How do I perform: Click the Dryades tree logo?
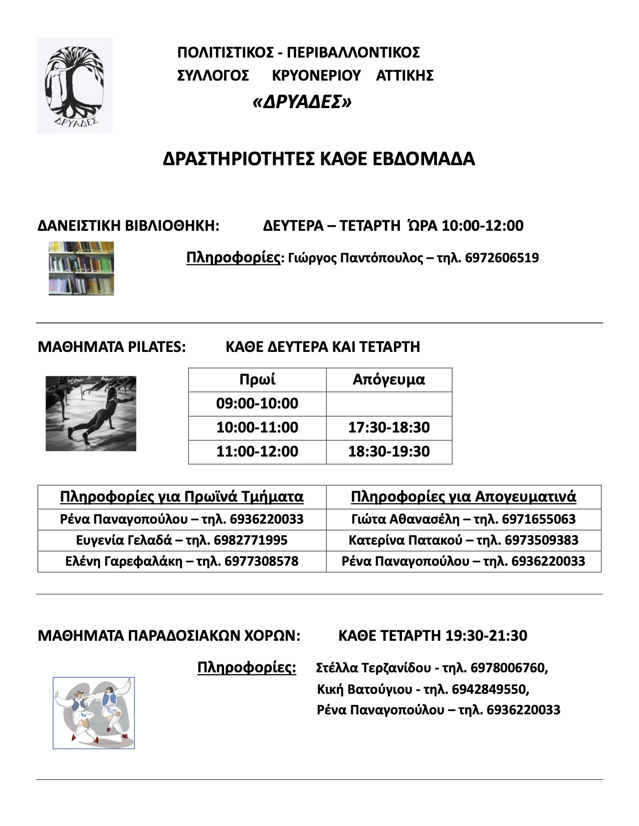tap(75, 85)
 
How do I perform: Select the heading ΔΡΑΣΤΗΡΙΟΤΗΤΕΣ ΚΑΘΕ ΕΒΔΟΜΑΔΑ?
tap(319, 159)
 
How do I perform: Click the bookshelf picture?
tap(81, 268)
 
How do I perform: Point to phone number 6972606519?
tap(502, 258)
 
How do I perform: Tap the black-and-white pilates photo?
tap(91, 414)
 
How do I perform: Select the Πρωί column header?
tap(257, 379)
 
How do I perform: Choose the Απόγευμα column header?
tap(389, 379)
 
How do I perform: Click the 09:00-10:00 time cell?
tap(257, 403)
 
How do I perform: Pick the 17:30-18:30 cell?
tap(389, 428)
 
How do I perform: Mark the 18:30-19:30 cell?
tap(389, 452)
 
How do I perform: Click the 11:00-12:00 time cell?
tap(257, 452)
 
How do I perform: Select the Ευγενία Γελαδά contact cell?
tap(181, 541)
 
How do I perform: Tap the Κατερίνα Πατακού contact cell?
tap(463, 541)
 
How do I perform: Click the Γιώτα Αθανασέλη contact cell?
tap(463, 519)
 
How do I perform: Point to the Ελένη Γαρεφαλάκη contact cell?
tap(181, 562)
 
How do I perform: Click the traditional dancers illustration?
tap(94, 713)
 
